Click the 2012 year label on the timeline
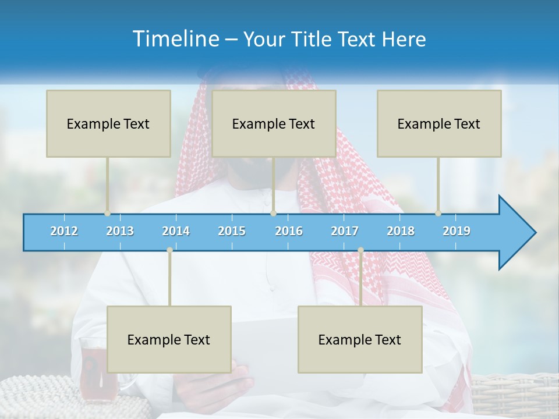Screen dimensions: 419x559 64,231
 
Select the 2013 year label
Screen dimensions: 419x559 120,231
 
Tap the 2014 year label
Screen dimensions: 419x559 176,231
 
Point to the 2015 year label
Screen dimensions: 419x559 232,231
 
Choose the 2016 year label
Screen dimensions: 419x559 289,231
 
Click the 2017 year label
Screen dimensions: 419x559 345,231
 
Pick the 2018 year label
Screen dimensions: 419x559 401,231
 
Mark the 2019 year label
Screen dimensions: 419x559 457,231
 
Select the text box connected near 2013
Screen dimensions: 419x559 108,123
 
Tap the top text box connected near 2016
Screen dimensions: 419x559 274,123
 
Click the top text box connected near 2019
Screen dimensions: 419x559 439,123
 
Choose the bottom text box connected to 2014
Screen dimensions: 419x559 169,339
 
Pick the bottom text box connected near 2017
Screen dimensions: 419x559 360,339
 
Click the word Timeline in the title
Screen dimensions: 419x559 175,38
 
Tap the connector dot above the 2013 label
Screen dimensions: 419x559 107,213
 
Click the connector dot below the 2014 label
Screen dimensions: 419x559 169,250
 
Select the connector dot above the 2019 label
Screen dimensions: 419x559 438,213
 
